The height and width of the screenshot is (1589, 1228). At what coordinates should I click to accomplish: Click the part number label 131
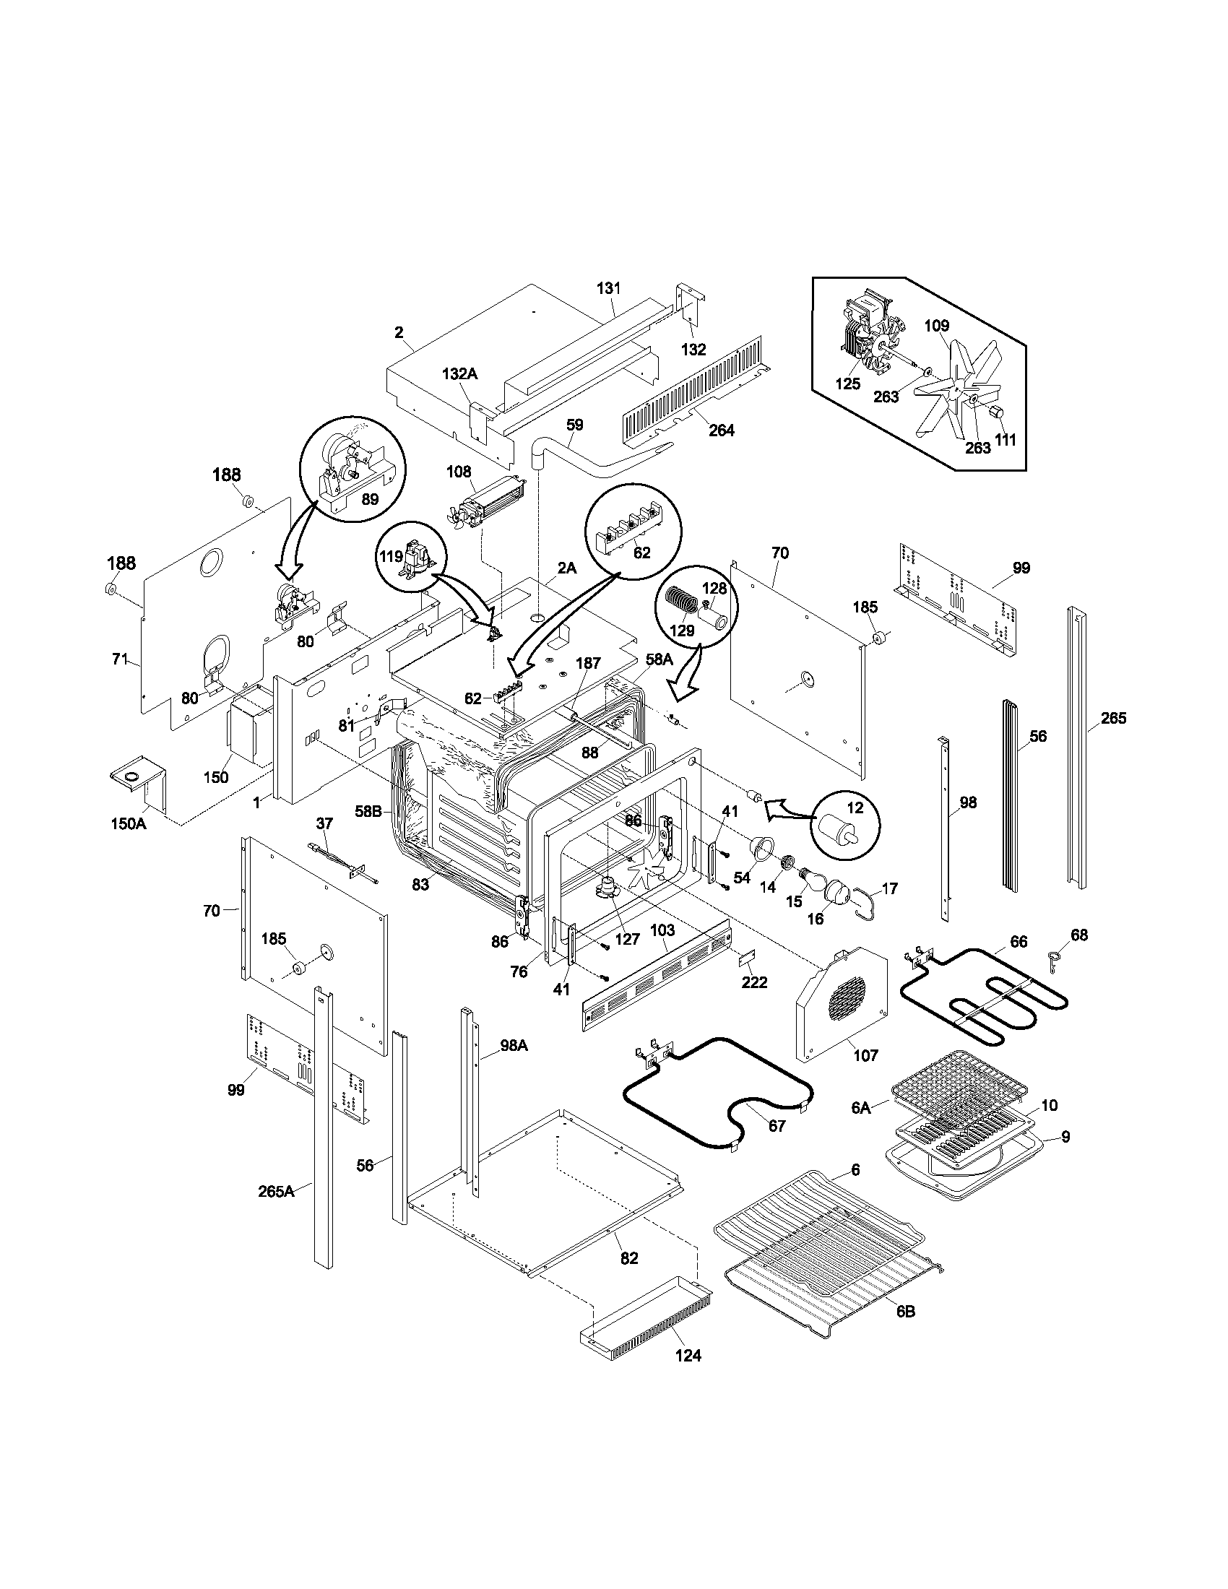[608, 288]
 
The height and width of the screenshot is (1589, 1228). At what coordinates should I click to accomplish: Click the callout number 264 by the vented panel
[721, 430]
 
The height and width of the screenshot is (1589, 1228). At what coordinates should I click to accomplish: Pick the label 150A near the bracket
[129, 823]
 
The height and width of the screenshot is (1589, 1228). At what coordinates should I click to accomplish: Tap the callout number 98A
[514, 1046]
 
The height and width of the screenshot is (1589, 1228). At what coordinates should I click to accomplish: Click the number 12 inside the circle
[855, 808]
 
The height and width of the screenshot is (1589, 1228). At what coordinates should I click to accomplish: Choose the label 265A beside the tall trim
[277, 1192]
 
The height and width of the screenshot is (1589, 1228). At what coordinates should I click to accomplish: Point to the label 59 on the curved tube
[575, 424]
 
